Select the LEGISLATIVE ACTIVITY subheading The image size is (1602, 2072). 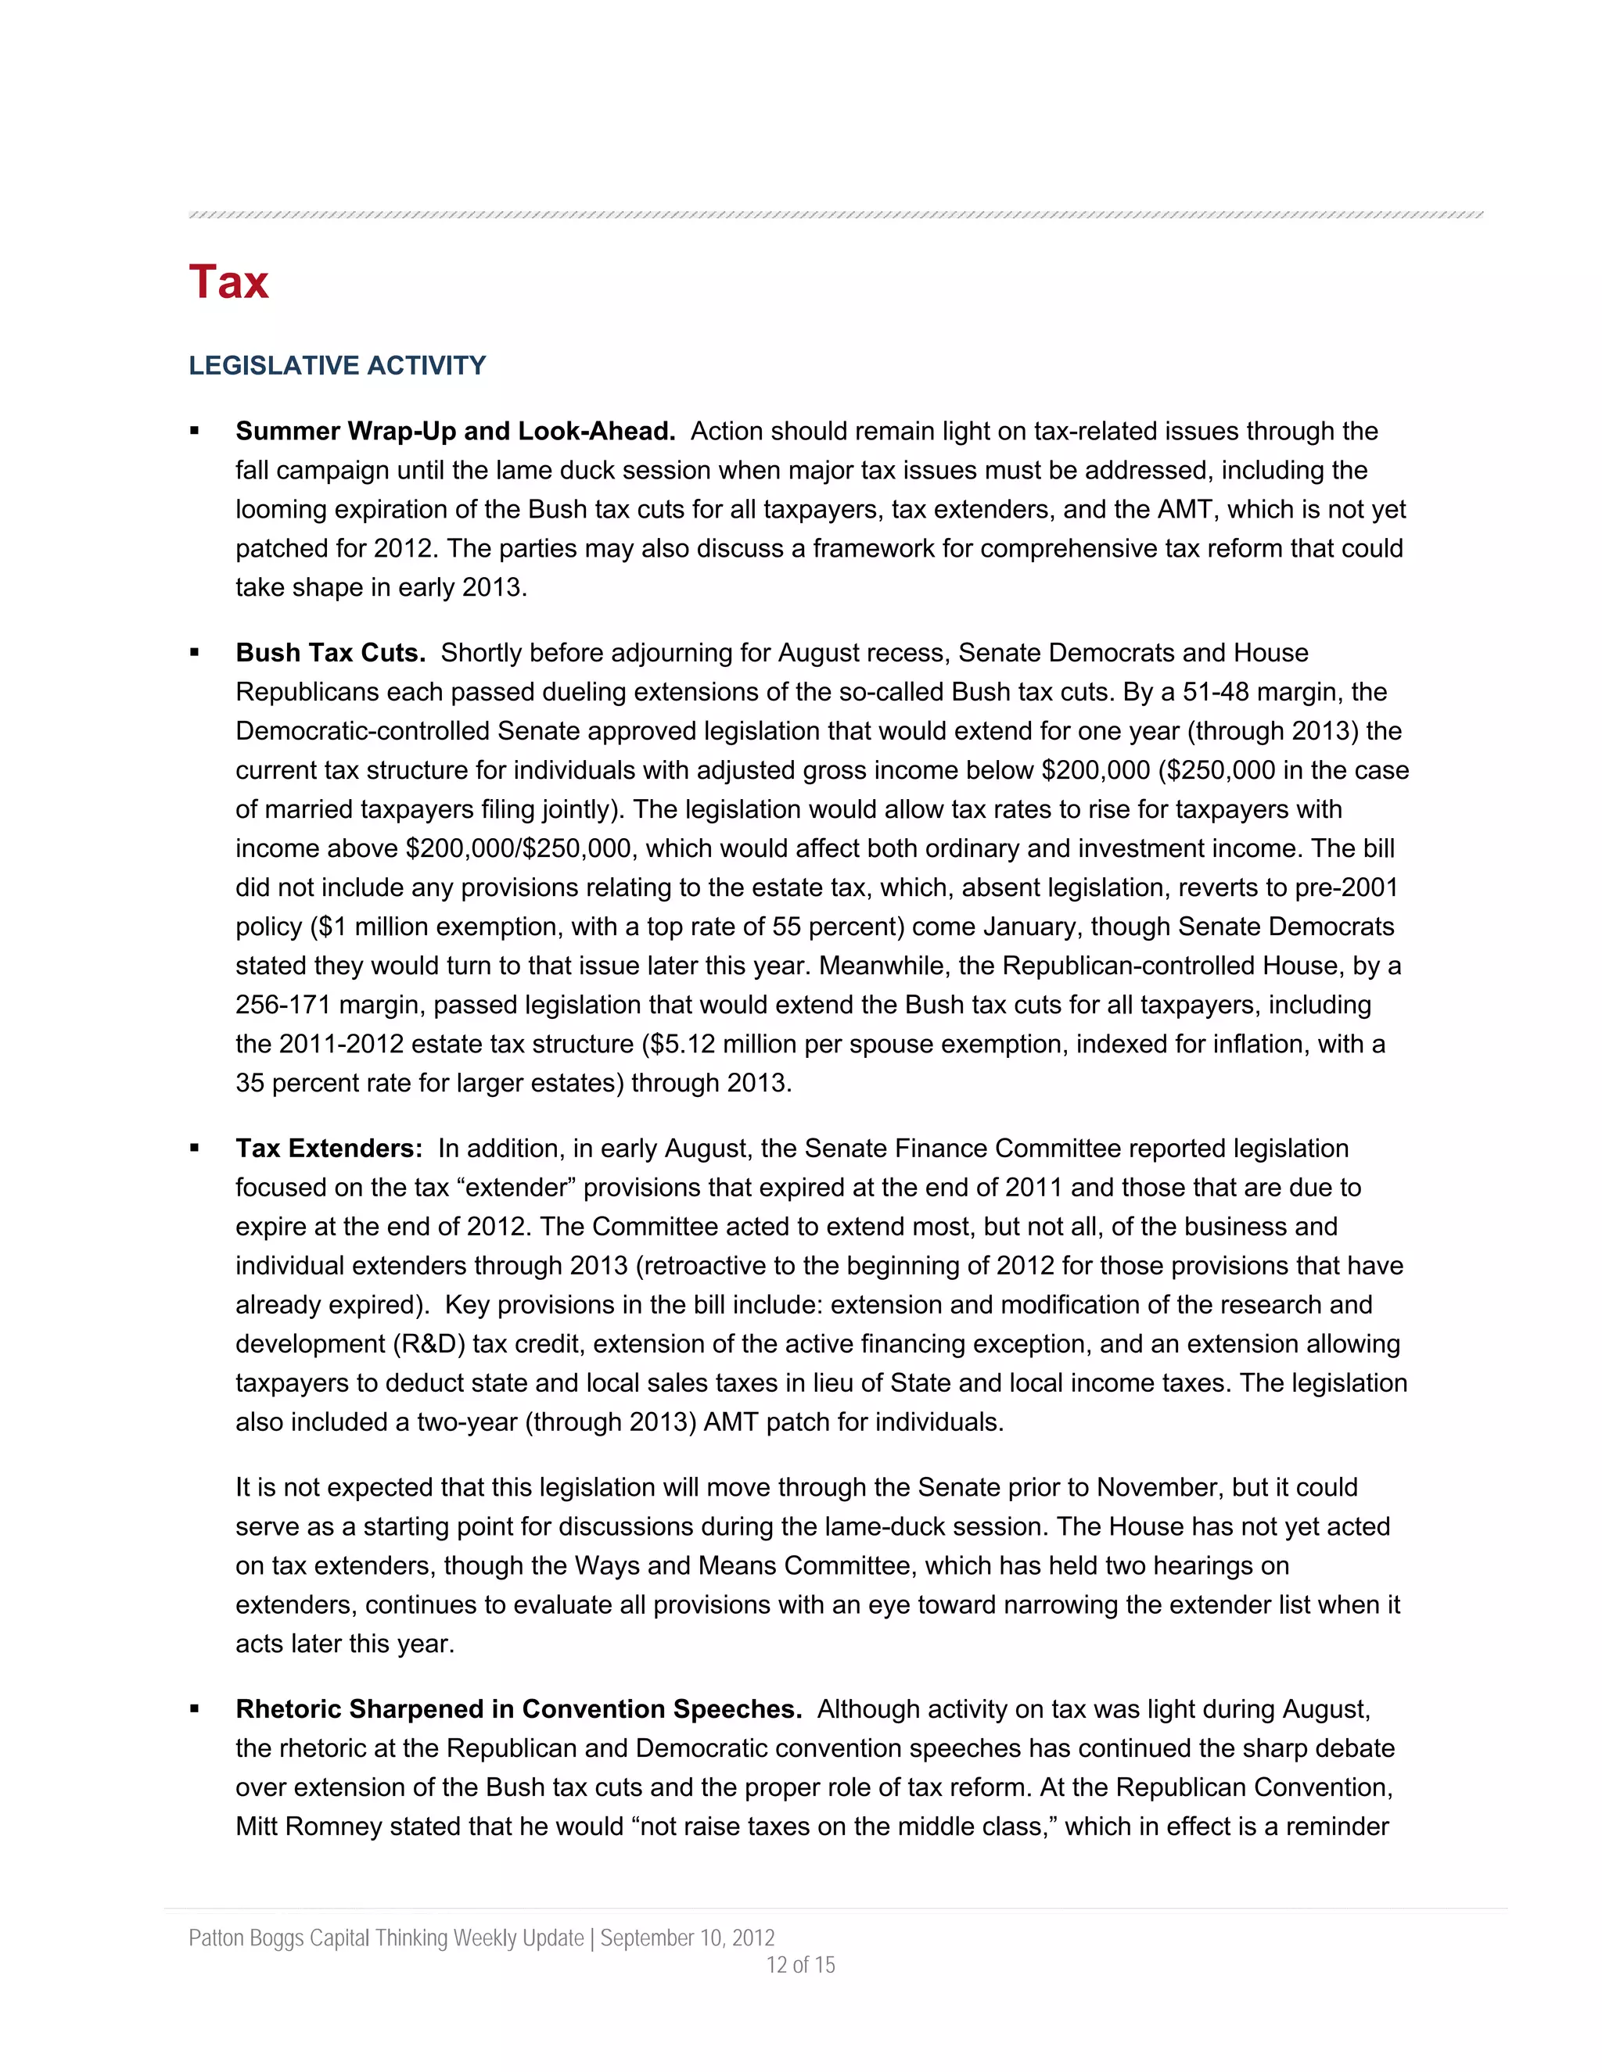click(x=337, y=365)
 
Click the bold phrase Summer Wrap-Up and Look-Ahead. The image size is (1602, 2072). click(x=454, y=432)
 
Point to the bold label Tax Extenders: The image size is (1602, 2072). click(x=329, y=1149)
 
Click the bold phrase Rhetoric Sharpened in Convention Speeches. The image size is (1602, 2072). click(x=518, y=1709)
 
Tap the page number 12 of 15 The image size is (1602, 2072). click(x=800, y=1965)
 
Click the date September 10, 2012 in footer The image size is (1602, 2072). click(x=687, y=1938)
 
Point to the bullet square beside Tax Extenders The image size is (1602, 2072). click(x=196, y=1149)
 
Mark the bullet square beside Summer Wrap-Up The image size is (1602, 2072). click(x=196, y=432)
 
